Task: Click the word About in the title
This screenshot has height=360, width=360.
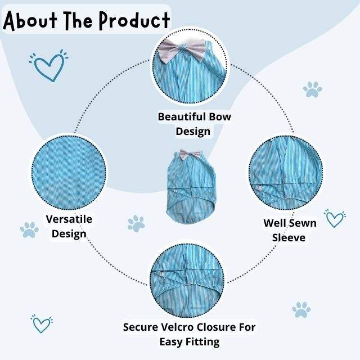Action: coord(30,21)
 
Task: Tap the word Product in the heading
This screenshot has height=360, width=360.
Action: coord(134,21)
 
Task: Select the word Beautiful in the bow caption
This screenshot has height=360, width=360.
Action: coord(180,116)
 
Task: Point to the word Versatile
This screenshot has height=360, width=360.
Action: coord(69,219)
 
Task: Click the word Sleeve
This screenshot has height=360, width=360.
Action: coord(289,237)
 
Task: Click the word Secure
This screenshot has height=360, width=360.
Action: coord(141,327)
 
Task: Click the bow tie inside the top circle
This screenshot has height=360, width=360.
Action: coord(182,50)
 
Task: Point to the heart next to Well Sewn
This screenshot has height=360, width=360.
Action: coord(335,218)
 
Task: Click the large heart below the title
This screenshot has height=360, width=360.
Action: coord(49,66)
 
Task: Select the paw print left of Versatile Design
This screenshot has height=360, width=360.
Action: coord(29,229)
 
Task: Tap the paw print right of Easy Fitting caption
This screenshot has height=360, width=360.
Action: coord(301,310)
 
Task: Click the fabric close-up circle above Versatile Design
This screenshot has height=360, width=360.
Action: coord(69,173)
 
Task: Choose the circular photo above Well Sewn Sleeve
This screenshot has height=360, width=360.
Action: coord(286,173)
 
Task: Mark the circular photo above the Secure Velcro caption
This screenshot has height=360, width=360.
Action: coord(187,281)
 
